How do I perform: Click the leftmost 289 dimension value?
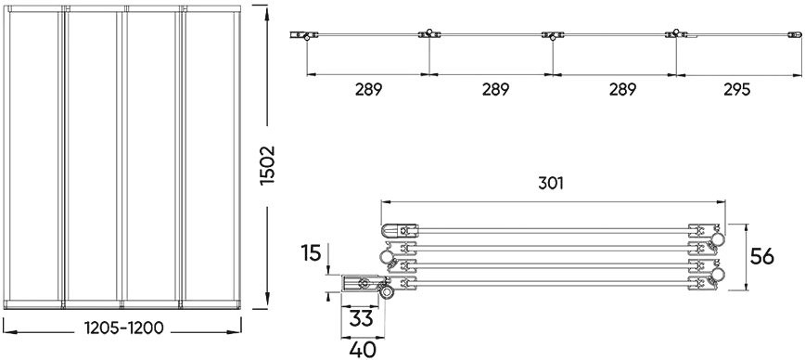tap(368, 90)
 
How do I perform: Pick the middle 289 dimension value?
tap(491, 90)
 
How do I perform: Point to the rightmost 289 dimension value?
tap(614, 90)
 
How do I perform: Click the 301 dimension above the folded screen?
tap(553, 184)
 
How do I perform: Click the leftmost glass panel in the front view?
tap(33, 158)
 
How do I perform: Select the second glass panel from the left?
tap(93, 158)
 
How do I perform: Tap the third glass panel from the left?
tap(152, 158)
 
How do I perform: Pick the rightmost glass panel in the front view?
tap(211, 158)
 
